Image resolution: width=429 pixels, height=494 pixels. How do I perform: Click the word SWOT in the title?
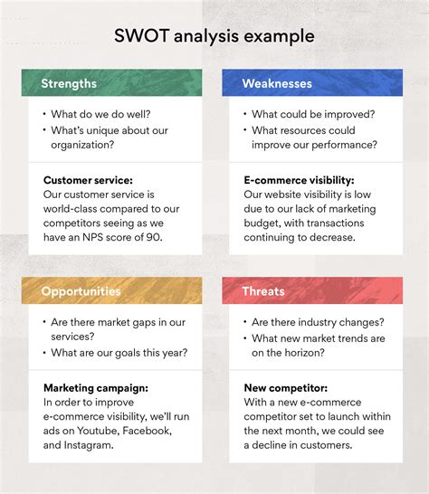click(141, 35)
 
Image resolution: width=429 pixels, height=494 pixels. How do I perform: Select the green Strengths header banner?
click(112, 82)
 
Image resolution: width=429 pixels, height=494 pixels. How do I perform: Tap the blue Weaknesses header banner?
click(312, 82)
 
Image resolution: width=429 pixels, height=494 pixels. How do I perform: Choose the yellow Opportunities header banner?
click(112, 290)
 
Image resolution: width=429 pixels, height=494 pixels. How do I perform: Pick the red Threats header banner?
click(312, 290)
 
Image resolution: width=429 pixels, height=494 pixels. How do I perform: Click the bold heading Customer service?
click(88, 180)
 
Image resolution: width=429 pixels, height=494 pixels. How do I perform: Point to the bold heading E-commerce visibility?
click(299, 180)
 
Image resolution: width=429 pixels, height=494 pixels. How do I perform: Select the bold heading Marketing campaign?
click(96, 388)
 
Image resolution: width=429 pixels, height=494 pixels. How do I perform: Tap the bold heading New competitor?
click(286, 388)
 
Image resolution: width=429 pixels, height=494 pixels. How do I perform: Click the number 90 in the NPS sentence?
click(154, 237)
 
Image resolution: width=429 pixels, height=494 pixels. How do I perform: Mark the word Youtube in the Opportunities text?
click(98, 431)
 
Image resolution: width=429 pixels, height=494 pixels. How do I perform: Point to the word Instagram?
click(89, 445)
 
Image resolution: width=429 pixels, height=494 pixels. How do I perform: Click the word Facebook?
click(147, 431)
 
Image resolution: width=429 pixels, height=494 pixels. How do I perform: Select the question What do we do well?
click(100, 114)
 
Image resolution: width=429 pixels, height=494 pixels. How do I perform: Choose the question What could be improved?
click(313, 114)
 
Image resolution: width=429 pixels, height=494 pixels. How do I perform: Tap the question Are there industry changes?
click(318, 322)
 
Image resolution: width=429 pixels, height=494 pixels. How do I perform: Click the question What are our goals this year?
click(119, 353)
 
